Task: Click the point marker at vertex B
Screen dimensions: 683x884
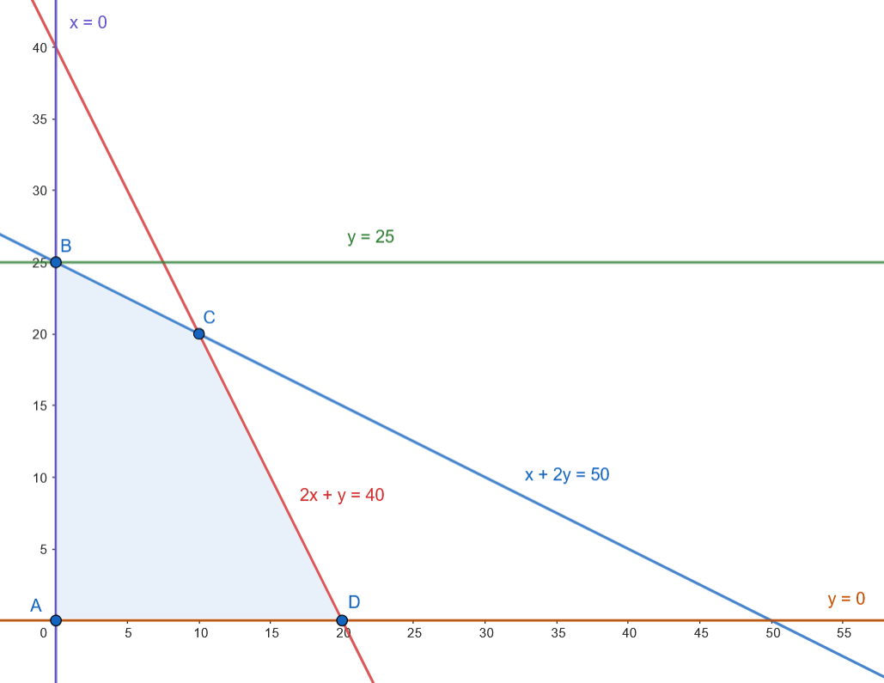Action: [56, 262]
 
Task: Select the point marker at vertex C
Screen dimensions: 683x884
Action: [198, 333]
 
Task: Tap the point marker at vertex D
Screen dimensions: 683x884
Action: [342, 619]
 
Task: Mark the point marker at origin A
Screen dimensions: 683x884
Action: [56, 619]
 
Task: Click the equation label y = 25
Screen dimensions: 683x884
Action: [371, 237]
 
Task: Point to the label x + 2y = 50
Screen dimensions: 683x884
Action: [567, 474]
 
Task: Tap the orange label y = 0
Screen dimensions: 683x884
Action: [845, 599]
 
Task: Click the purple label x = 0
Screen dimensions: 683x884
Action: [88, 22]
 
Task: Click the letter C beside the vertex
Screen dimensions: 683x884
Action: [209, 318]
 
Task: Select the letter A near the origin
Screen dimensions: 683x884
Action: [36, 605]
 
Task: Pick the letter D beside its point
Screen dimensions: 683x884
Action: [353, 602]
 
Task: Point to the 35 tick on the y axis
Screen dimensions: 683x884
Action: [40, 119]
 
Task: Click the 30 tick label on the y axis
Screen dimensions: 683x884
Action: [40, 191]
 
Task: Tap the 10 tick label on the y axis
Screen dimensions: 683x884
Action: [40, 477]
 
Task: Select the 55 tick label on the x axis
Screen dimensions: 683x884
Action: [844, 632]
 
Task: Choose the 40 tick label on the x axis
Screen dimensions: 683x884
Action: [629, 632]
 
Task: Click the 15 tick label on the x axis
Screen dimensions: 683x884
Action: [271, 632]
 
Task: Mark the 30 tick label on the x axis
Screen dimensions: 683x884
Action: [485, 632]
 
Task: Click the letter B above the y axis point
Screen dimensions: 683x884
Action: [65, 247]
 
